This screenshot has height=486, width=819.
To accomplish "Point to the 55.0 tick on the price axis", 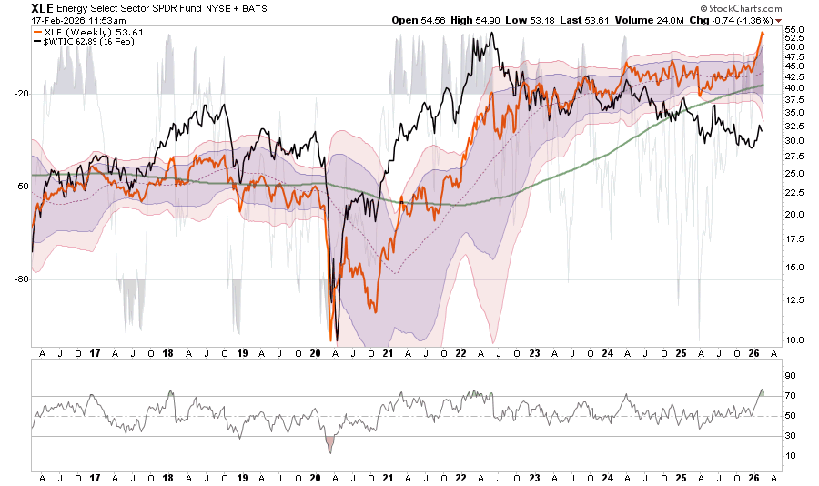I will (794, 30).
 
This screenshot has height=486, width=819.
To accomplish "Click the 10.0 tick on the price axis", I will (794, 339).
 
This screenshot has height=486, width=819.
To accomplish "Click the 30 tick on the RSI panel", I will (791, 436).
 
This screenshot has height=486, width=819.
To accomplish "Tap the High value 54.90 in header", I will (522, 19).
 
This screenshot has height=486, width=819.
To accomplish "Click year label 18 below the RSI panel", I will (168, 477).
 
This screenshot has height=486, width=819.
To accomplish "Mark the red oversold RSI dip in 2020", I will (330, 444).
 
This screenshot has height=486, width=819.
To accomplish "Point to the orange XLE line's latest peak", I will (763, 33).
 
